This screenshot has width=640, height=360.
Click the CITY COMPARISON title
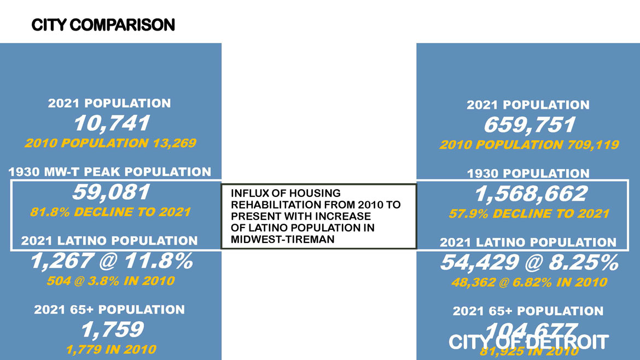point(103,25)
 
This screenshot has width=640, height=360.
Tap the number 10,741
point(111,124)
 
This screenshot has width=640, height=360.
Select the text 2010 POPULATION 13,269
point(110,143)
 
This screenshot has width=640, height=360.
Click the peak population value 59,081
point(111,192)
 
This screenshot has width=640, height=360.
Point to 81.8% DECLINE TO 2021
point(110,212)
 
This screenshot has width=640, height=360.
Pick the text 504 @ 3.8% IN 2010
point(110,281)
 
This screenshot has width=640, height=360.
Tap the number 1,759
point(112,329)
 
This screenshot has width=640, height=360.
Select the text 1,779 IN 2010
point(111,349)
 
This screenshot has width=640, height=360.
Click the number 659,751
point(529,125)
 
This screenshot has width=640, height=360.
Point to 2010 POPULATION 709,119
point(529,145)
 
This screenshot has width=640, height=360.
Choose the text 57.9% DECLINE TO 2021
point(529,213)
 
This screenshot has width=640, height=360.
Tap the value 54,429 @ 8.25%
point(529,263)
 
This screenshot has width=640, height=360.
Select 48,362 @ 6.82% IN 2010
point(529,282)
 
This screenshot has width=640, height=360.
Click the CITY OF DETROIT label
point(528,342)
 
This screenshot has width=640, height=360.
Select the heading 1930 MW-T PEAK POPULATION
point(110,172)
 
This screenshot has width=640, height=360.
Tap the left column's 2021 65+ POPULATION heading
point(109,310)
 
